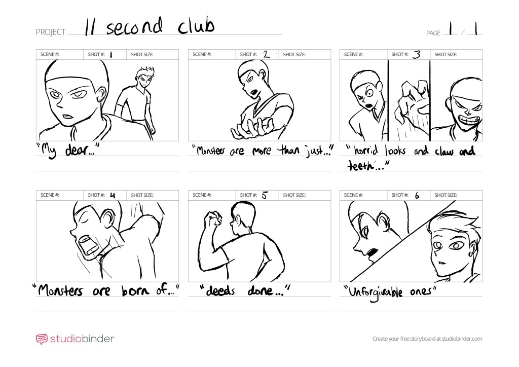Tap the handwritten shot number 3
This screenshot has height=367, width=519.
point(417,54)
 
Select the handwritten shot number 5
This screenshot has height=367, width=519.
point(264,195)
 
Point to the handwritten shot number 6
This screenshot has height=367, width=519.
point(417,196)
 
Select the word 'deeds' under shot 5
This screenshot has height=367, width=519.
point(220,290)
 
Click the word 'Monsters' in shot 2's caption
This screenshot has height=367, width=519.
point(211,151)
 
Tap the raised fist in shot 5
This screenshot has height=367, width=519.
point(213,218)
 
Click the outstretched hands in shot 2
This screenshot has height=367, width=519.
point(253,129)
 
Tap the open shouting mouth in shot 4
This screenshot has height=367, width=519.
point(88,245)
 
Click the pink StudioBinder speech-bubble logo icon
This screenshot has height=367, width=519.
point(42,339)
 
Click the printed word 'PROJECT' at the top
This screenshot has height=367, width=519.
point(51,32)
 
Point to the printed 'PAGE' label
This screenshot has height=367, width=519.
point(433,33)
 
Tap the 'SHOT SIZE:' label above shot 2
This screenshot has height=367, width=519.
point(294,55)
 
